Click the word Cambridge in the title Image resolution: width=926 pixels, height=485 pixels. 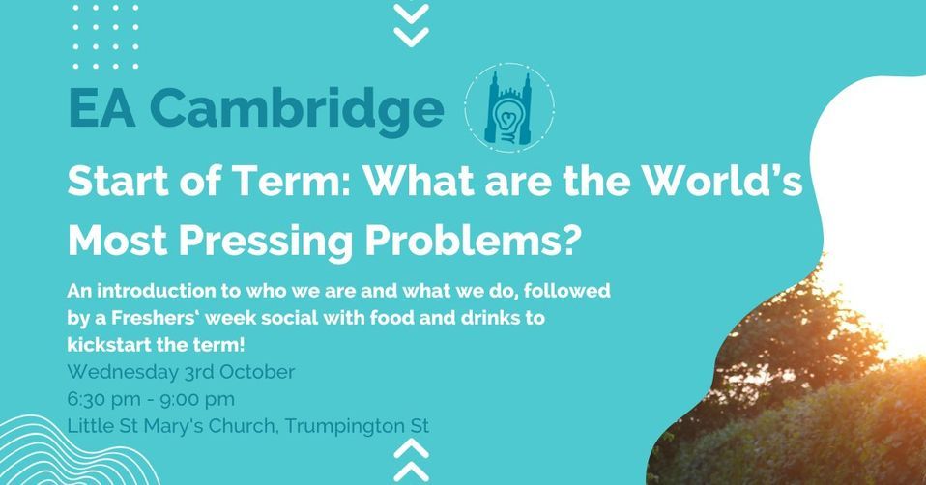click(x=296, y=110)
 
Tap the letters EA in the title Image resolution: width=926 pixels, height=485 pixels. click(x=101, y=109)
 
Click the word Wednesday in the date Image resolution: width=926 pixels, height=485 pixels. click(x=119, y=371)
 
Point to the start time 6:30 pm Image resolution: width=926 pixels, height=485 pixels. click(x=102, y=397)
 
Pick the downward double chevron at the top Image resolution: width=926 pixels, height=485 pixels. click(x=412, y=24)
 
